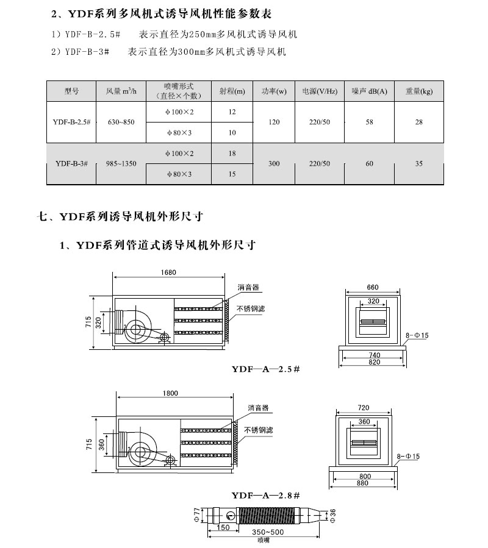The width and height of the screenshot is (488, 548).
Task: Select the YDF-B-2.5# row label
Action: pyautogui.click(x=72, y=123)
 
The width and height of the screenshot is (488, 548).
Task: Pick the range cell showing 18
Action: pyautogui.click(x=232, y=154)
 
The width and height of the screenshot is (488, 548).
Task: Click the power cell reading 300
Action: pyautogui.click(x=274, y=163)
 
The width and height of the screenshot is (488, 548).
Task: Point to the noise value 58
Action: pyautogui.click(x=370, y=123)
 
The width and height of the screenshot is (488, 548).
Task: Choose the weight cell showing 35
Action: pyautogui.click(x=419, y=163)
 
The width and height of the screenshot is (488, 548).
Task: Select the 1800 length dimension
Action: pyautogui.click(x=171, y=393)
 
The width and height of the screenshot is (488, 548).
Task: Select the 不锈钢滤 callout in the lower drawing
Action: pyautogui.click(x=259, y=430)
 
